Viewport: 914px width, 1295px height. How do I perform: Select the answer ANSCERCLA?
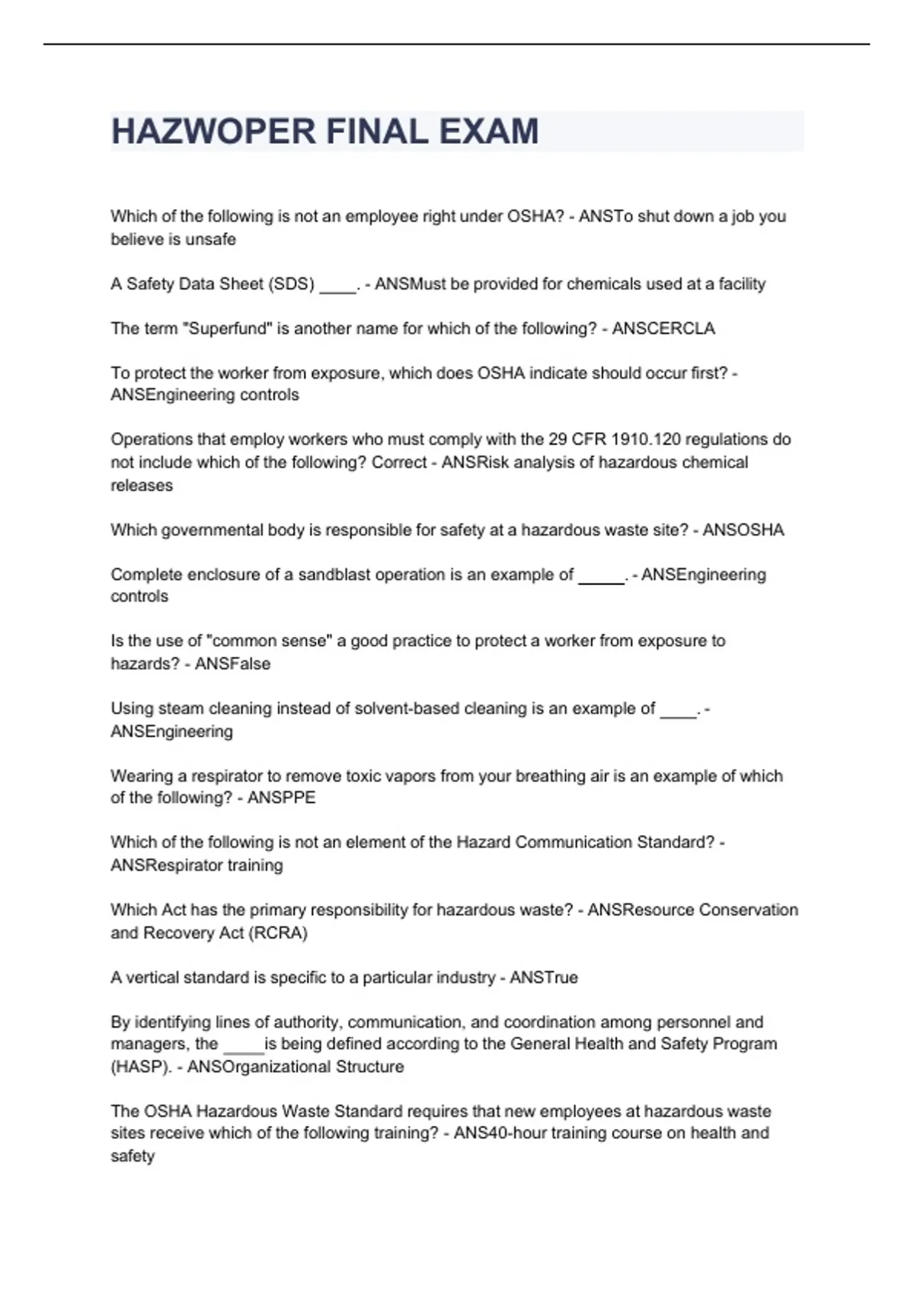[663, 328]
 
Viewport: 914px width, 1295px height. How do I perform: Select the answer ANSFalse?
[232, 663]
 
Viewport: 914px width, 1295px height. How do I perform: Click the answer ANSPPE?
[281, 798]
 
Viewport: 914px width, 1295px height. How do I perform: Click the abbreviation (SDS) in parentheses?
[290, 284]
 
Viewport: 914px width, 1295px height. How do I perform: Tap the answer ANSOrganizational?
[257, 1066]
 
